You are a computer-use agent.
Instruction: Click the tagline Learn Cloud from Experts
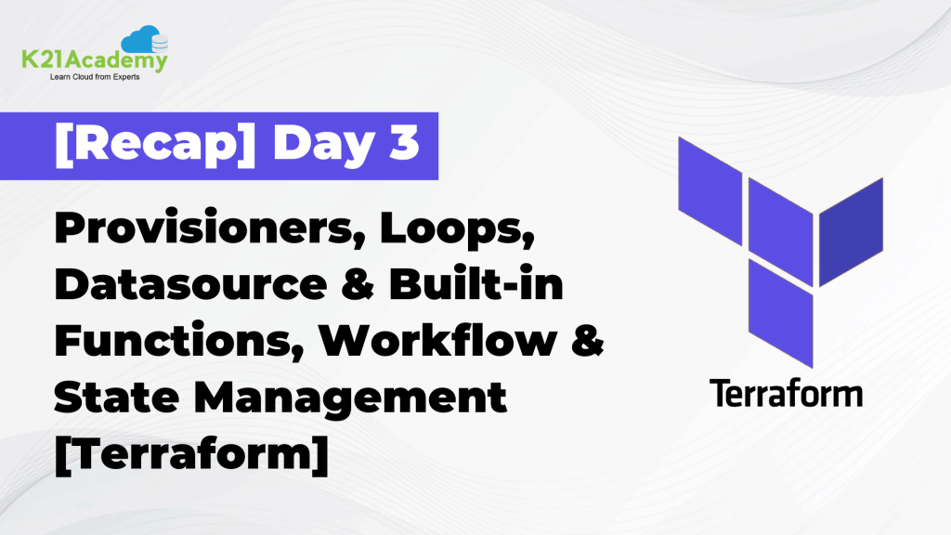[93, 79]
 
